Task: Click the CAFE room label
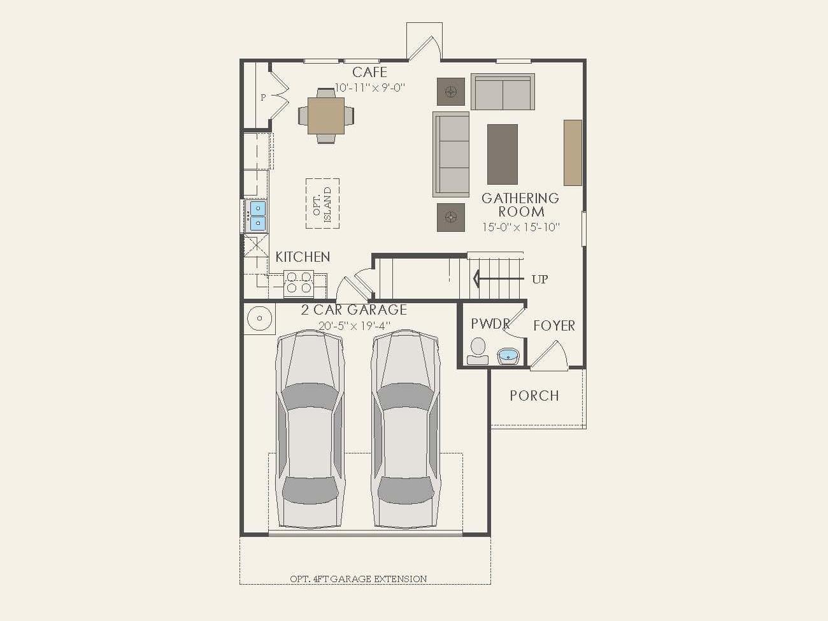tap(369, 72)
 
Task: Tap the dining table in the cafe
tap(326, 115)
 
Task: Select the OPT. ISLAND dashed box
tap(322, 203)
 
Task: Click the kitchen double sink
tap(257, 215)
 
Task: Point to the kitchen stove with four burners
tap(298, 283)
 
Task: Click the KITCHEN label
tap(303, 257)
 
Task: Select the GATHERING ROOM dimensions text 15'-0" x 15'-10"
tap(520, 227)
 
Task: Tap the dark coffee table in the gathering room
tap(503, 154)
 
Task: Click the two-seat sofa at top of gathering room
tap(503, 92)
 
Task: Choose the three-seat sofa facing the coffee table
tap(451, 154)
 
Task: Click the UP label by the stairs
tap(539, 279)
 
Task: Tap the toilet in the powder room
tap(477, 350)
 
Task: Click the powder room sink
tap(509, 355)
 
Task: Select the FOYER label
tap(553, 325)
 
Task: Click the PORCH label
tap(534, 396)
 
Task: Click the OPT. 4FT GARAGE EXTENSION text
tap(358, 579)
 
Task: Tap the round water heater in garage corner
tap(260, 318)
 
